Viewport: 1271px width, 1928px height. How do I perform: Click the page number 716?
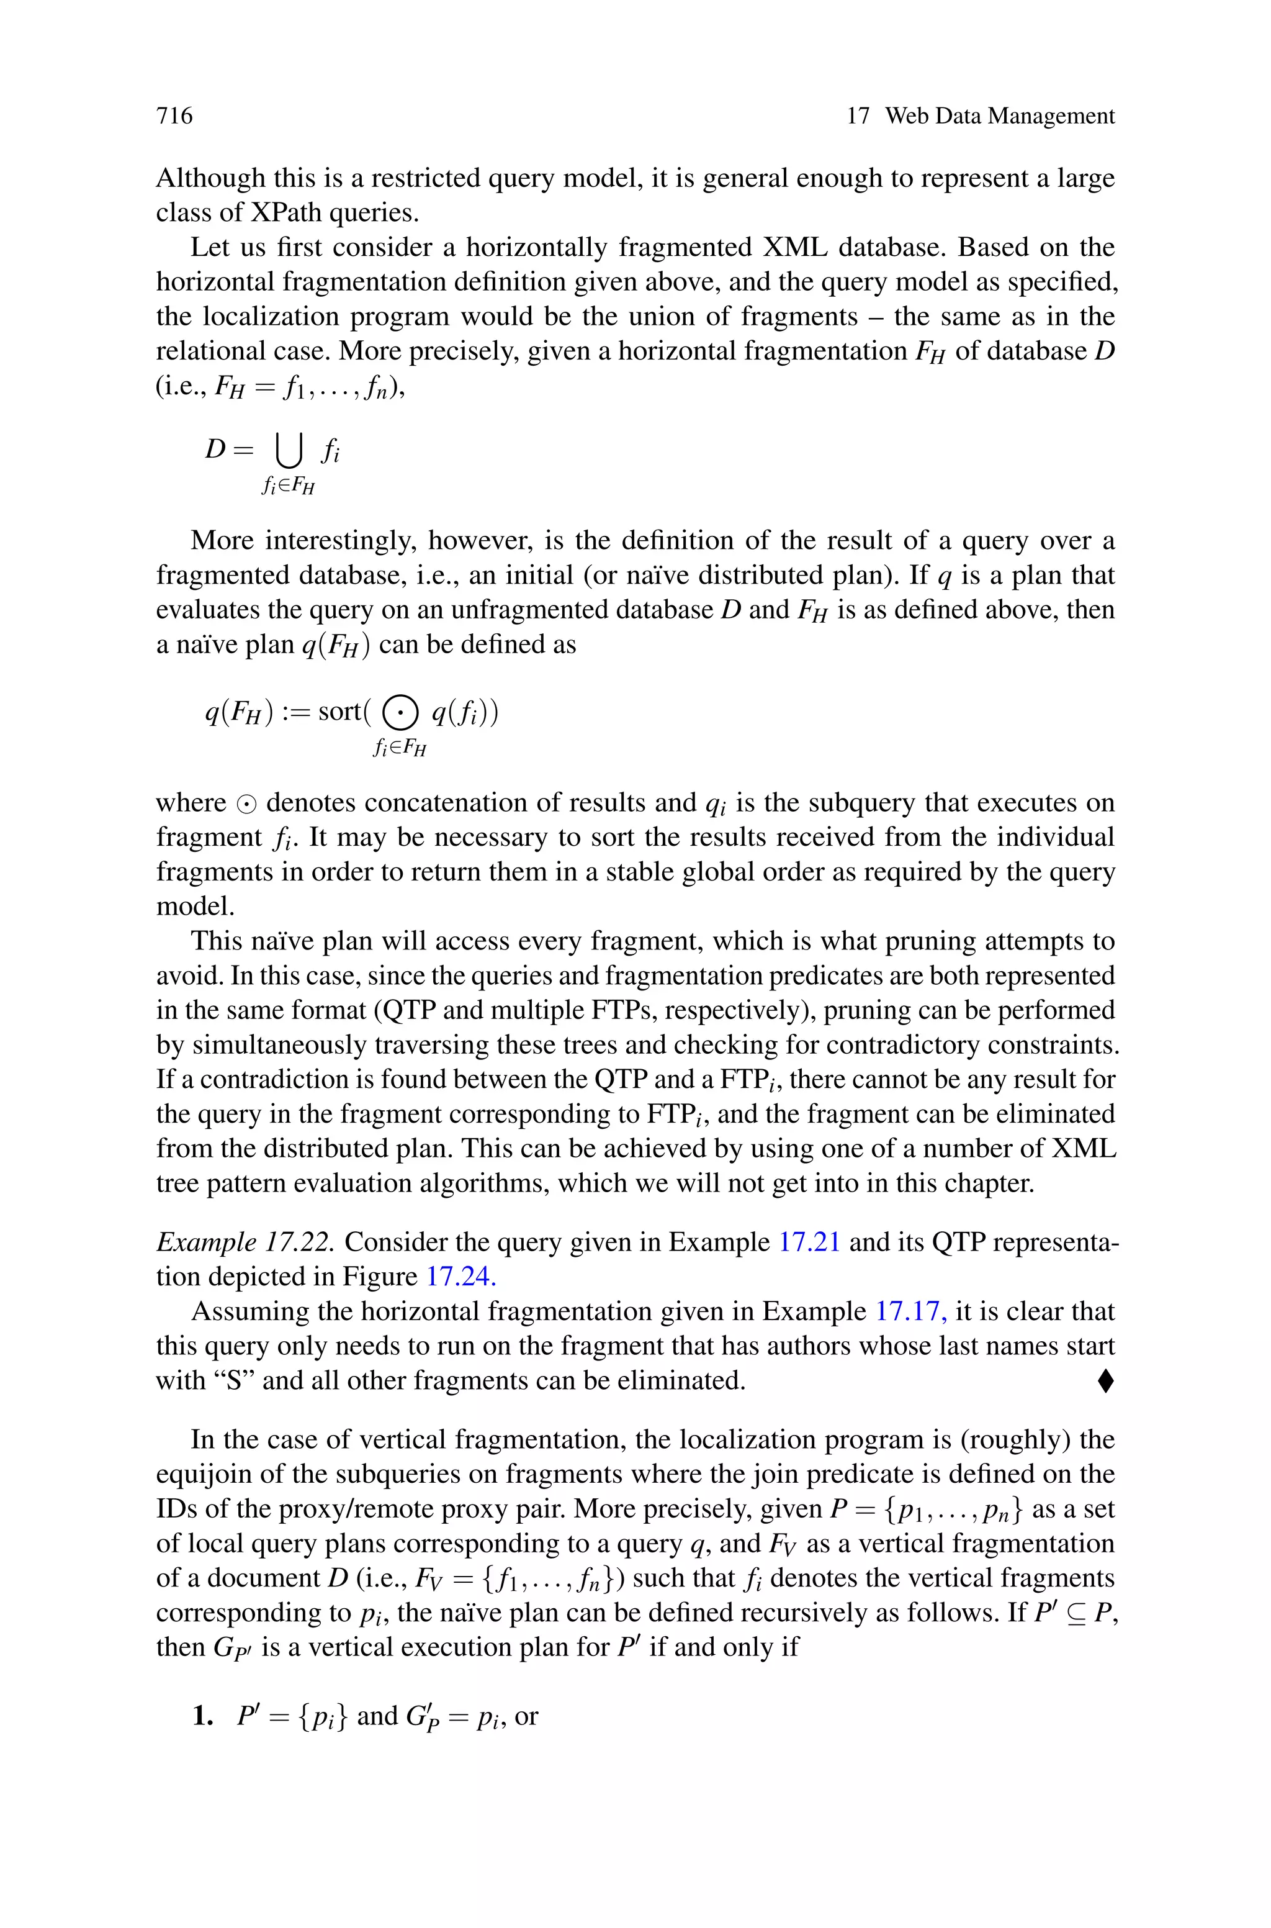tap(174, 116)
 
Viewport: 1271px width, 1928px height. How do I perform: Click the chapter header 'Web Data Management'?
tap(999, 116)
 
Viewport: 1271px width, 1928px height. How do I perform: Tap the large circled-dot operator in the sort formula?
tap(400, 713)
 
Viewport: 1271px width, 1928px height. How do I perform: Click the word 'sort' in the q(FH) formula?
tap(339, 712)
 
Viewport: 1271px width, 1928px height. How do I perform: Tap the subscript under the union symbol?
tap(289, 486)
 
